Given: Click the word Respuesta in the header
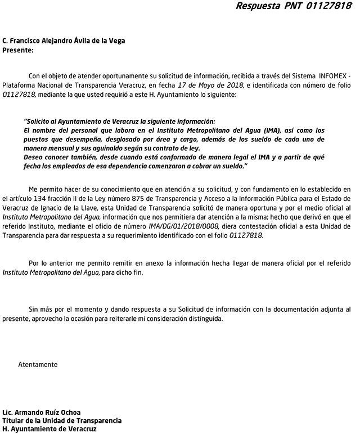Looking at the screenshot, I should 256,6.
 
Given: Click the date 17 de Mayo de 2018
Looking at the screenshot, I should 210,85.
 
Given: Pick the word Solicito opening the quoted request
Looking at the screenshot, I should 39,121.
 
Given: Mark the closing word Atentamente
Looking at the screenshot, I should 38,364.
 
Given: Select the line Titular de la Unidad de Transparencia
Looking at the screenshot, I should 62,420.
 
